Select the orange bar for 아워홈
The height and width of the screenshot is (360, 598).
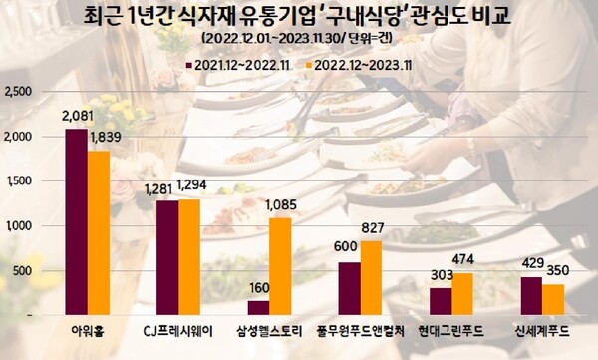(98, 233)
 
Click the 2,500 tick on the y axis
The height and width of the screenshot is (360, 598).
(21, 91)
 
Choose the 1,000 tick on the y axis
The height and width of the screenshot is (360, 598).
(21, 226)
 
